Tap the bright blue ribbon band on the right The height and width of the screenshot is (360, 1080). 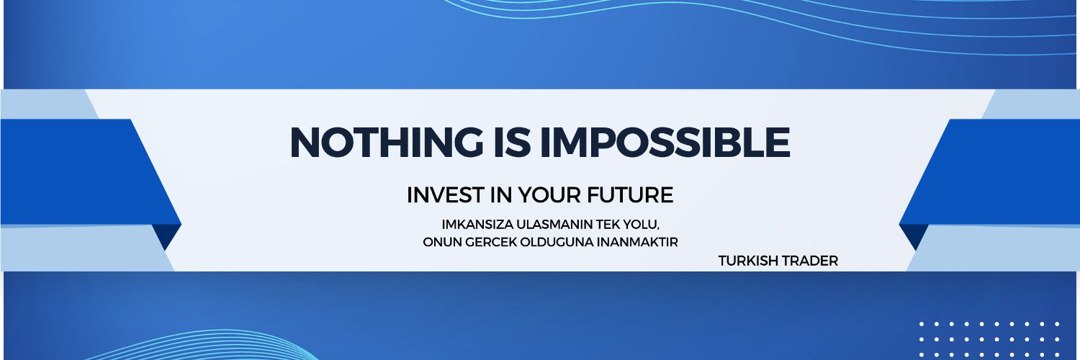(x=997, y=173)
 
